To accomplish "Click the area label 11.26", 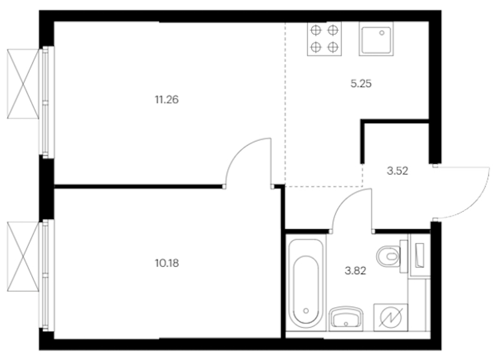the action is tap(167, 100).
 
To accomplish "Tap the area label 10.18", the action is tap(167, 263).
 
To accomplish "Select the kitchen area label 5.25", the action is tap(361, 83).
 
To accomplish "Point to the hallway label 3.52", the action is tap(397, 171).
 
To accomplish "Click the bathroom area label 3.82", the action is tap(356, 271).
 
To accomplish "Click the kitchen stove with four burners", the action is tap(324, 39).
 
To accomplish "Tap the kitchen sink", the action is tap(376, 39).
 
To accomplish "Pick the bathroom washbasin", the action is tap(346, 319).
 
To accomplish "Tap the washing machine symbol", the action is tap(391, 317).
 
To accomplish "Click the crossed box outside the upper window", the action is tap(23, 84).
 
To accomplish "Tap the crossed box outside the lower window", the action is tap(23, 256).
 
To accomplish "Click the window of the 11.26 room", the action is tap(47, 102).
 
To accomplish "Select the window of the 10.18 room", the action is tap(47, 275).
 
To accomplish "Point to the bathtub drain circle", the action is tap(306, 311).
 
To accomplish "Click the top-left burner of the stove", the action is tap(316, 30).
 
